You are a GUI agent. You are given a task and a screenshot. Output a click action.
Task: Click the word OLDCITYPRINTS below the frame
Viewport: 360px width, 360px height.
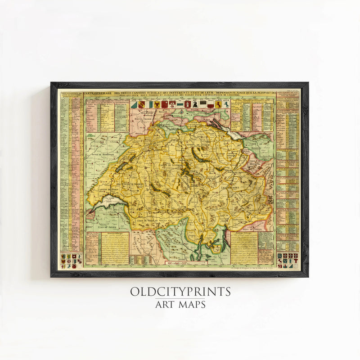[x=180, y=292]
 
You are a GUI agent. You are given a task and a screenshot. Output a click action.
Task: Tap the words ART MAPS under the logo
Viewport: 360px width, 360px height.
[x=180, y=305]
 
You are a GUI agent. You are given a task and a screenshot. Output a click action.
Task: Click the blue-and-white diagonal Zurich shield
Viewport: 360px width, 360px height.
[x=134, y=104]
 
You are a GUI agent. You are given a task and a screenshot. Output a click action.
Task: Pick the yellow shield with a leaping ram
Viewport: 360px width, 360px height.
[x=218, y=104]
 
